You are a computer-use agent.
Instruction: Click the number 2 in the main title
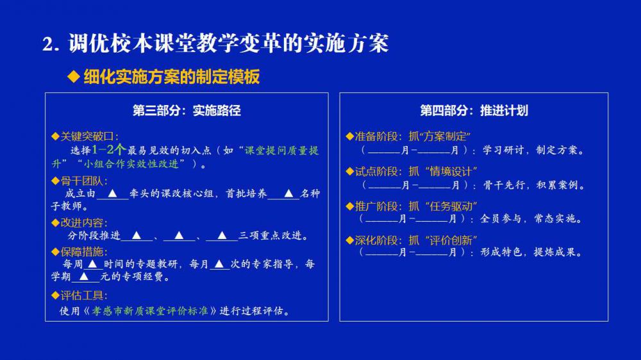pyautogui.click(x=48, y=44)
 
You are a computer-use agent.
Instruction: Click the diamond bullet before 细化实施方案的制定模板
pyautogui.click(x=74, y=76)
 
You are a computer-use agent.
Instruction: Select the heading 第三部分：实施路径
pyautogui.click(x=187, y=110)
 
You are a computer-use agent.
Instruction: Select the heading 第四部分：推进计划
pyautogui.click(x=474, y=110)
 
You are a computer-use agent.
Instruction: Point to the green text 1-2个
pyautogui.click(x=109, y=149)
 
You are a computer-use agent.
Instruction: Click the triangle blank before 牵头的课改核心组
pyautogui.click(x=112, y=193)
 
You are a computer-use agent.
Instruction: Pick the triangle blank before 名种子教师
pyautogui.click(x=288, y=193)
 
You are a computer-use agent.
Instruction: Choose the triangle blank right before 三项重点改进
pyautogui.click(x=222, y=235)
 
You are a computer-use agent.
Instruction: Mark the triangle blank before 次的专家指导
pyautogui.click(x=219, y=265)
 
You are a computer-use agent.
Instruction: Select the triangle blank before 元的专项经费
pyautogui.click(x=84, y=277)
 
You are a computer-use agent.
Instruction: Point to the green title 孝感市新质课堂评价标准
pyautogui.click(x=149, y=311)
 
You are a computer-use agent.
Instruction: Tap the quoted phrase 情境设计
pyautogui.click(x=451, y=172)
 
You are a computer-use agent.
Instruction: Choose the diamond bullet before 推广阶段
pyautogui.click(x=349, y=206)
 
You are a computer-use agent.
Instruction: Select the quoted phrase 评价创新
pyautogui.click(x=451, y=240)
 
